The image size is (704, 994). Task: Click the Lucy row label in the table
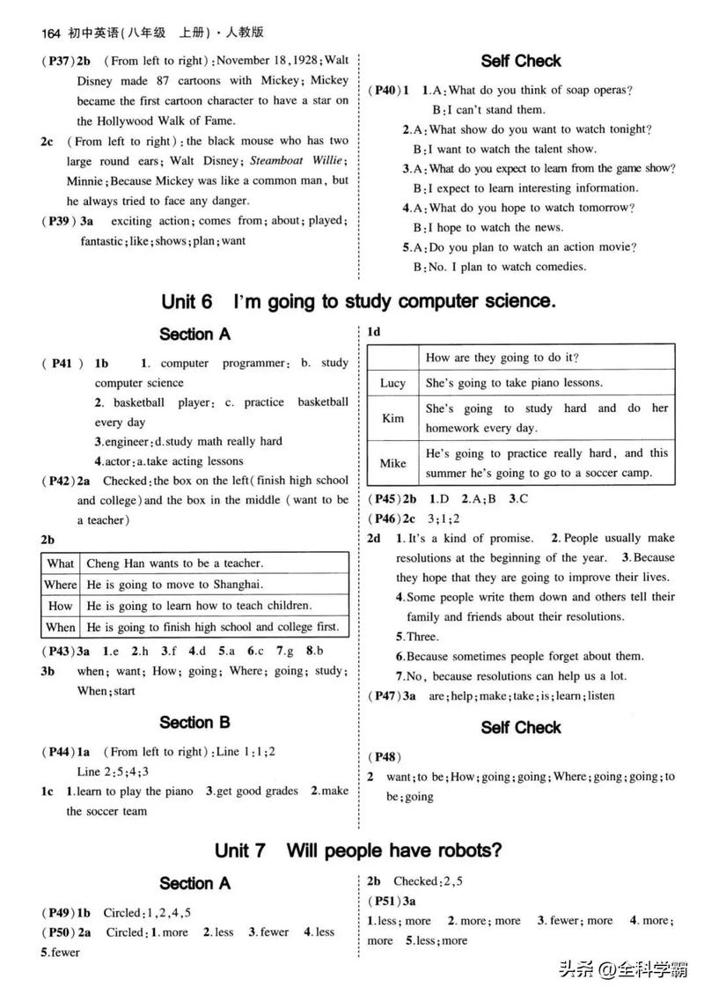[392, 383]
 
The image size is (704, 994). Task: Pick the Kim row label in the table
[392, 418]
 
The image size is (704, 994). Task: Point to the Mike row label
[392, 463]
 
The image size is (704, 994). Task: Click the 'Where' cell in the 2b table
[61, 585]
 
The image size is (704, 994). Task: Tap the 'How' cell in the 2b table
[61, 606]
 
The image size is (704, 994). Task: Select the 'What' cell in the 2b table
[61, 563]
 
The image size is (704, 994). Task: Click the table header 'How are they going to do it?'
[502, 357]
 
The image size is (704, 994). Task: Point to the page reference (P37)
[57, 61]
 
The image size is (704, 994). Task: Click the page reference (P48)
[385, 756]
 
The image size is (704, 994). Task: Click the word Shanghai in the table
[239, 585]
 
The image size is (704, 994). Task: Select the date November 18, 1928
[267, 61]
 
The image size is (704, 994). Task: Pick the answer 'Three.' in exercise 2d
[420, 637]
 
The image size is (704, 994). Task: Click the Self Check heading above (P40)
[521, 61]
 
